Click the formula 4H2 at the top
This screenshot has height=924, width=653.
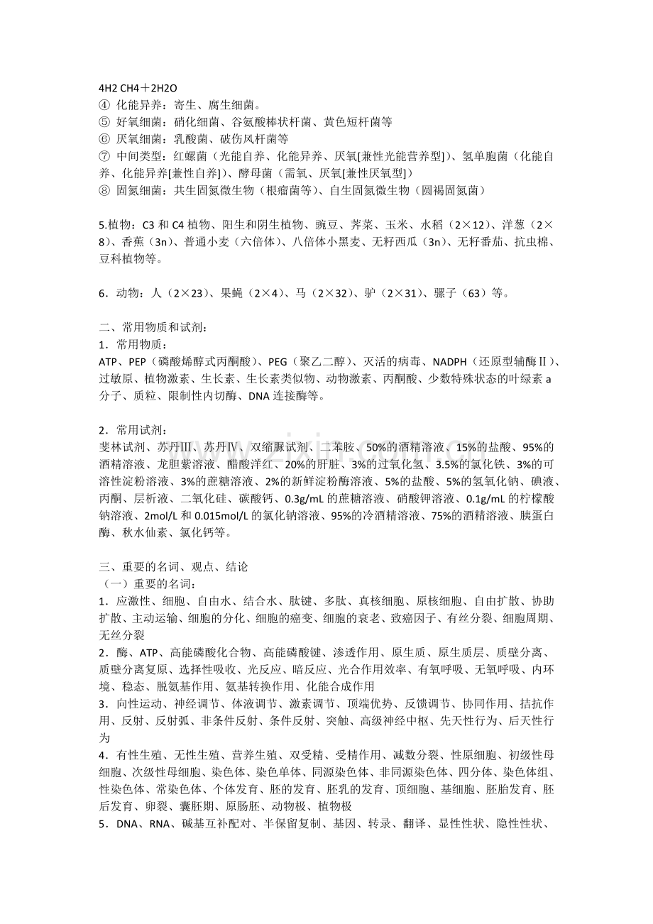(109, 89)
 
